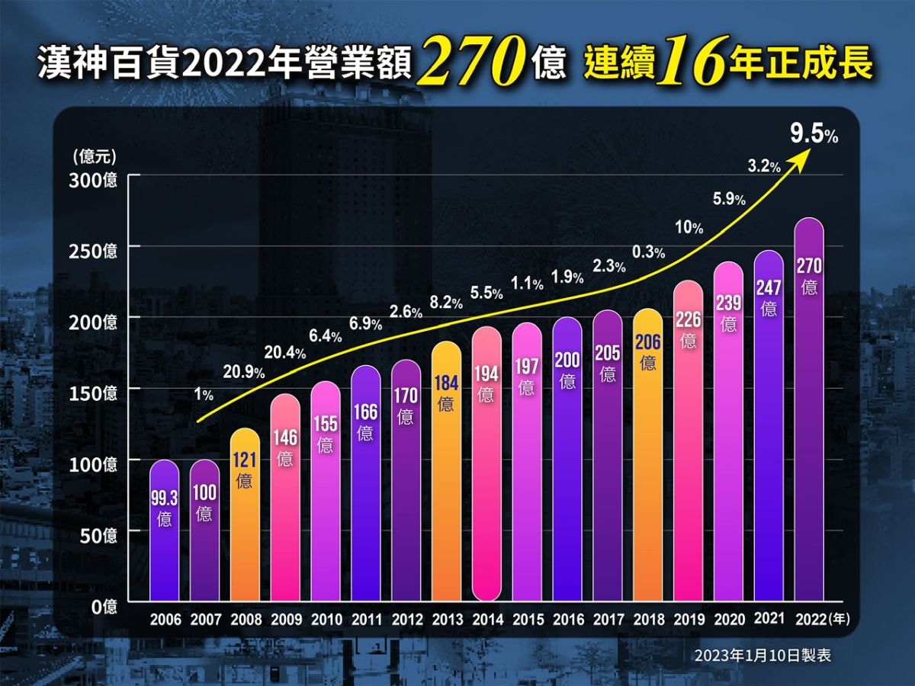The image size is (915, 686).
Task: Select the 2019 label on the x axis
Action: (689, 620)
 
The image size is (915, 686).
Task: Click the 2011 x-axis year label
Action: (366, 620)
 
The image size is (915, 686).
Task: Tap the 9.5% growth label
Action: (814, 136)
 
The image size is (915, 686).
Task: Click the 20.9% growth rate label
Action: (243, 373)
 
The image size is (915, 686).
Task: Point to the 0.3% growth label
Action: (648, 252)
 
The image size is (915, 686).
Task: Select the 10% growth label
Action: (689, 227)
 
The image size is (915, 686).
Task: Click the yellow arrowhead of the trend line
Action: (802, 158)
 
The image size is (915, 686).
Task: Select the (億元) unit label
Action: (95, 157)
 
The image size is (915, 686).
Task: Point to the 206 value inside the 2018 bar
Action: (648, 342)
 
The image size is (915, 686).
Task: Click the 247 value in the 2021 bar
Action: (769, 288)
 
